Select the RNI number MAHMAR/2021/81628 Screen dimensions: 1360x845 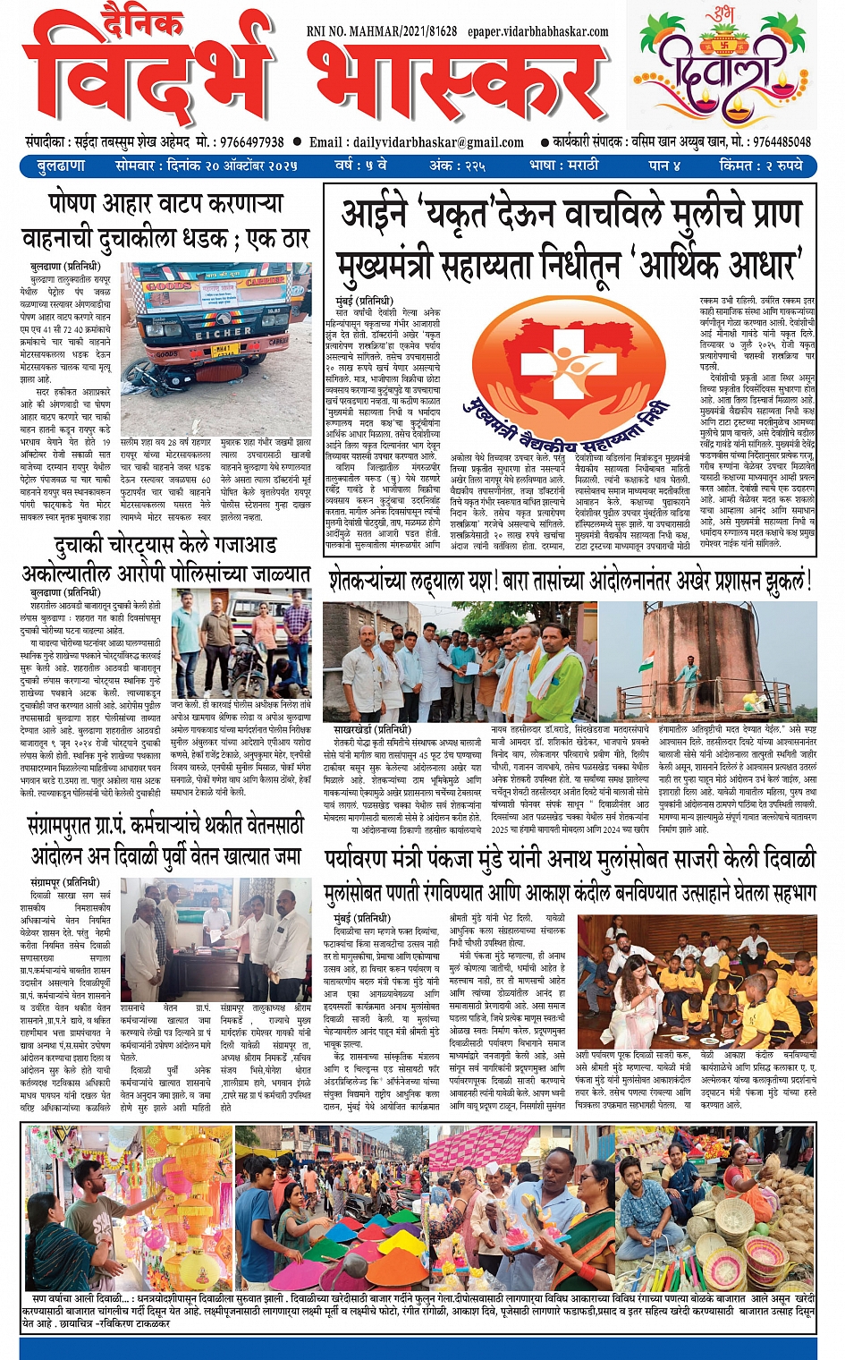click(394, 31)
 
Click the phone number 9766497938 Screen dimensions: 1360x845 click(251, 142)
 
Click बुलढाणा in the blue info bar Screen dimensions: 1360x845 click(61, 166)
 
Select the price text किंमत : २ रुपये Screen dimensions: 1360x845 click(760, 166)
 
